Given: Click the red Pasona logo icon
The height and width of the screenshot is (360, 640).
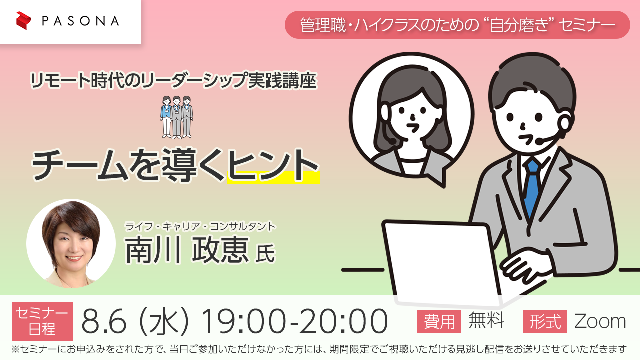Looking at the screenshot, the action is (23, 21).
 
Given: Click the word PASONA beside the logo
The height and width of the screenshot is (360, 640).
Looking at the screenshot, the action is (81, 21).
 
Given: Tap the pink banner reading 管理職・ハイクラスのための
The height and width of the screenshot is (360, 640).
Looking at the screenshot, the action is (457, 25).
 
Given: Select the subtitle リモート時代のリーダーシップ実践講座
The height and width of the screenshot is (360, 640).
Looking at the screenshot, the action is (173, 80).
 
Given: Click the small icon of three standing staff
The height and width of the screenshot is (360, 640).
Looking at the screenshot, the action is (176, 117).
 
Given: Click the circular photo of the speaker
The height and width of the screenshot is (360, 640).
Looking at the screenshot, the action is (71, 243).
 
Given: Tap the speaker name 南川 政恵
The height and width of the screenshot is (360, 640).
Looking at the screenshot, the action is (187, 250).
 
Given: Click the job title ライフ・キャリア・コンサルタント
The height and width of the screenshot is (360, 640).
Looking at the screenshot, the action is (200, 226).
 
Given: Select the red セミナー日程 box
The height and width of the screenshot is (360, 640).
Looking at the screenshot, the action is (42, 321).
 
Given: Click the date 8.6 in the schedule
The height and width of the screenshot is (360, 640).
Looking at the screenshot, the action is (104, 321).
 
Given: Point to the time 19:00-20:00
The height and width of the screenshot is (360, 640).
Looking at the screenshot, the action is (294, 321).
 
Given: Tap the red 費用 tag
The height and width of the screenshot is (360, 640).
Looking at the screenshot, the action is (439, 321).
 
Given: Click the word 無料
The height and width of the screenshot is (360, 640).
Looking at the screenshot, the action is (486, 320).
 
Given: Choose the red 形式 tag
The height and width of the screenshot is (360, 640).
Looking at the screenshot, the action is (545, 321).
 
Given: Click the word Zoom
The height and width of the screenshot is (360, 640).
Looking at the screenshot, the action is (600, 321).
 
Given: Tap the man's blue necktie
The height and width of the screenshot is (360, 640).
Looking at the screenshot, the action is (532, 187).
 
